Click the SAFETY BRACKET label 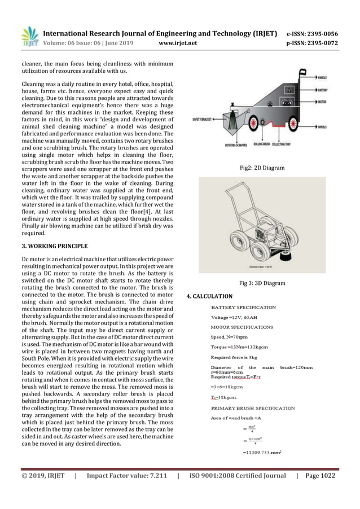coord(204,119)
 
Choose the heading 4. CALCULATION coord(209,296)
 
